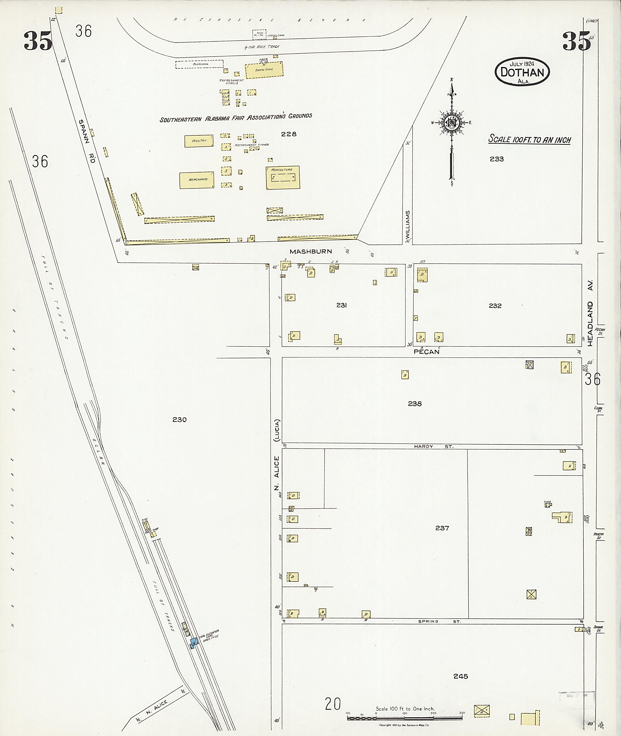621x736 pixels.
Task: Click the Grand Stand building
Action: click(264, 69)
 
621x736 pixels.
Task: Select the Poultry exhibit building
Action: click(199, 141)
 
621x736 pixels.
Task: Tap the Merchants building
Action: click(197, 180)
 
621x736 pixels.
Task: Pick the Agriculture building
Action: click(283, 177)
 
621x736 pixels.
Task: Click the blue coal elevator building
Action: click(194, 642)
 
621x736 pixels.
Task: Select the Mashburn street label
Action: click(310, 251)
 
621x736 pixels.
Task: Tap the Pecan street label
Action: click(426, 351)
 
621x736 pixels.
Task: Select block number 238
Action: click(415, 404)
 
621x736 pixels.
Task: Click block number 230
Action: click(179, 419)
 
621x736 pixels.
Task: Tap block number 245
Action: click(461, 676)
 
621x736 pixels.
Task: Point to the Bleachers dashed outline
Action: click(200, 64)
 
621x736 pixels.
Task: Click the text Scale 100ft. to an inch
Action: click(529, 140)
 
